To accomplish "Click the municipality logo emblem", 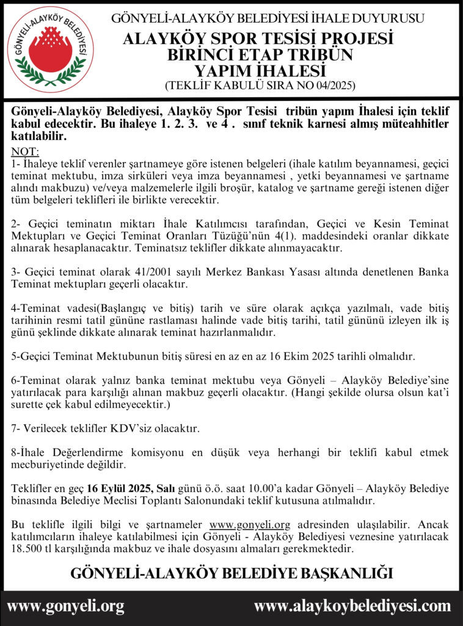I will click(x=50, y=50).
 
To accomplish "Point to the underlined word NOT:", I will click(x=25, y=152).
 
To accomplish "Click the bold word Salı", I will click(x=166, y=488).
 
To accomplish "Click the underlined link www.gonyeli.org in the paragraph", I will click(x=249, y=525).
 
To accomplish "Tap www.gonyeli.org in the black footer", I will click(x=65, y=606).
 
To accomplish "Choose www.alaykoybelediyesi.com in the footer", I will click(x=352, y=606).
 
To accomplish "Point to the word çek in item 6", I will click(x=53, y=405).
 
